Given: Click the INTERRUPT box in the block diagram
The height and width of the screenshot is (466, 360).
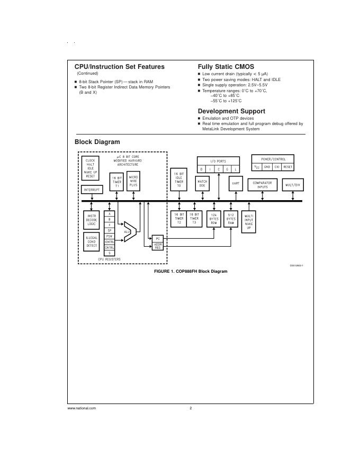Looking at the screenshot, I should [92, 189].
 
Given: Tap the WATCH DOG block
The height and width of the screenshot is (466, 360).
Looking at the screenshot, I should [202, 183].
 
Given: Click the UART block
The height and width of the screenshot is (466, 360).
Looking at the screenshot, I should [236, 183].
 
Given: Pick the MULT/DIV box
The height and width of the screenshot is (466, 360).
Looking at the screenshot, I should [293, 185].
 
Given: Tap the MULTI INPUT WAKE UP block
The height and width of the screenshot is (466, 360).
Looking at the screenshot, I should [249, 221].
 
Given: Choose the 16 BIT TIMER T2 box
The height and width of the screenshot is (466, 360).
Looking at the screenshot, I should [179, 219].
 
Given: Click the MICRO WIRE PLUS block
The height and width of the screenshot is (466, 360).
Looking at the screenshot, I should [133, 182].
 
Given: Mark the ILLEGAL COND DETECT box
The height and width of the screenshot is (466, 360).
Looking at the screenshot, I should [92, 241].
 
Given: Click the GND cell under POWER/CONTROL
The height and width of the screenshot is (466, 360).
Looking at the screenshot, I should [267, 166].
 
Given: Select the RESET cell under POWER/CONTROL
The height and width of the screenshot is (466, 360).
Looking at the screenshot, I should [287, 166].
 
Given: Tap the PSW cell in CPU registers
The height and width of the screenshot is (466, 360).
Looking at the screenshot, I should [110, 236].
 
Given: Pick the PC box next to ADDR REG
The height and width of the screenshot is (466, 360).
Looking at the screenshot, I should [158, 239].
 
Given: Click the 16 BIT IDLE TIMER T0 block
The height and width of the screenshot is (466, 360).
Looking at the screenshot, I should [179, 180].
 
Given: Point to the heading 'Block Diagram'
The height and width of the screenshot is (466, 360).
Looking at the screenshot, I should [97, 142].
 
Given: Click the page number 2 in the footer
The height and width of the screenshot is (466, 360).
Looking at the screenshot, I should [191, 408].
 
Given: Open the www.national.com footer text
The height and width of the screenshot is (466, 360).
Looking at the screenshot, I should [82, 408].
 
